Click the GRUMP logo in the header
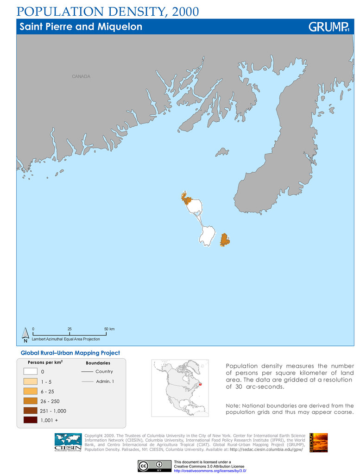click(328, 27)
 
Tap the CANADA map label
click(81, 76)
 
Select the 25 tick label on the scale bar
click(69, 329)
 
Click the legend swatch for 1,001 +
click(31, 420)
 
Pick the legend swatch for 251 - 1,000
click(31, 411)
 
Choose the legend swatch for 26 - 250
click(31, 401)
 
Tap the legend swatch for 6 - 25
click(31, 391)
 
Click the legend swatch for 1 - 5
click(31, 381)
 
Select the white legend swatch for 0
click(31, 371)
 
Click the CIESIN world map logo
click(68, 443)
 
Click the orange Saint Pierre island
click(225, 240)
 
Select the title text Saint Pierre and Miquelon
click(81, 27)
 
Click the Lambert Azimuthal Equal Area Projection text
click(65, 339)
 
